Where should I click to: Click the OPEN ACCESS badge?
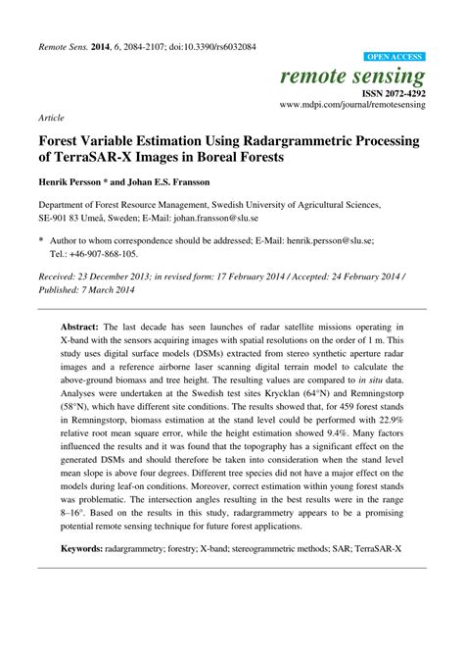[x=394, y=58]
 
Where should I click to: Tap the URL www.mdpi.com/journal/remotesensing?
[x=353, y=103]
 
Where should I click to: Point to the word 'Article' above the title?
[x=51, y=117]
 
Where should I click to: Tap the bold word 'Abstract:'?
[x=84, y=325]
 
